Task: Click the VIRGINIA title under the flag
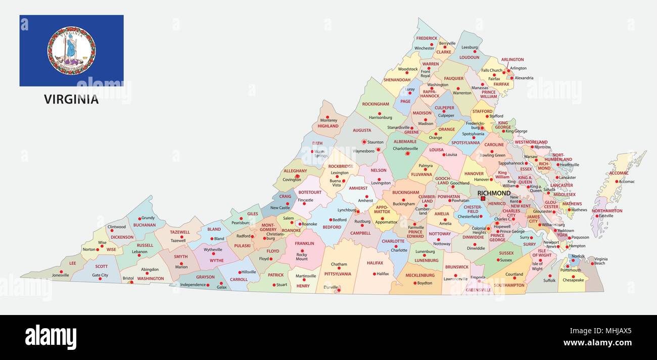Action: click(x=71, y=100)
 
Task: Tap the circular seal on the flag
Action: click(x=71, y=51)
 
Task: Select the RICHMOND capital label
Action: click(x=494, y=193)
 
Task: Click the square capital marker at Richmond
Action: click(x=483, y=199)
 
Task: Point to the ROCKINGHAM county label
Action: click(x=376, y=104)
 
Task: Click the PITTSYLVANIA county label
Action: click(x=338, y=274)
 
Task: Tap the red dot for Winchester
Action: click(x=432, y=44)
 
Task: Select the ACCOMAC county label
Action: click(x=619, y=172)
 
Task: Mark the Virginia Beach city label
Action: click(x=600, y=261)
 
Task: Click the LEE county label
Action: click(x=73, y=263)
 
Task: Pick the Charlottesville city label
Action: click(x=405, y=149)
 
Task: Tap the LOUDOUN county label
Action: click(x=469, y=57)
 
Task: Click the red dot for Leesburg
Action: click(x=475, y=51)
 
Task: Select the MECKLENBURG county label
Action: click(x=420, y=276)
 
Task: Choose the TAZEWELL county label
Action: click(x=180, y=232)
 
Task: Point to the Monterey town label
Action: click(x=329, y=119)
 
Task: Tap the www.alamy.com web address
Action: click(x=597, y=343)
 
